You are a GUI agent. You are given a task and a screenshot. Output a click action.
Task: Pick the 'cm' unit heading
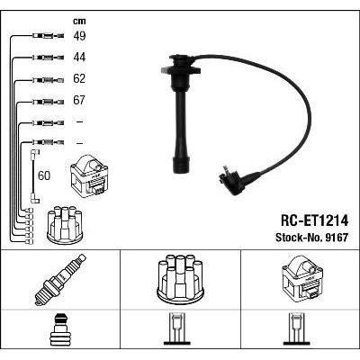(77, 19)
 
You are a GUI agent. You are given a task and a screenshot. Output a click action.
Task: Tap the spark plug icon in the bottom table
(59, 280)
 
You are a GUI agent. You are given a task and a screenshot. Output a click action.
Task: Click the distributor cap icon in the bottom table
(181, 280)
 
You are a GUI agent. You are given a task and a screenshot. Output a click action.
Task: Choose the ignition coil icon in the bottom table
(300, 278)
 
